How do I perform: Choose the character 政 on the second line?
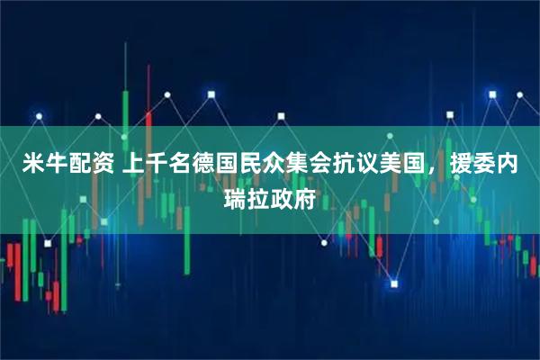click(283, 197)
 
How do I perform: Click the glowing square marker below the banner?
click(393, 284)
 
